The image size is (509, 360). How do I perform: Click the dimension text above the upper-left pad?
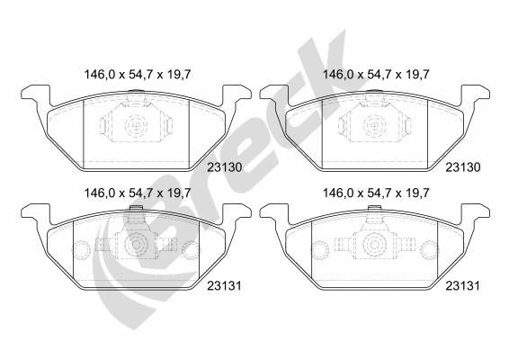coord(138,75)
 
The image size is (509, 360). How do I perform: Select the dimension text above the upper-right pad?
coord(376,75)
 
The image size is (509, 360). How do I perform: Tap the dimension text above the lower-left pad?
coord(138,193)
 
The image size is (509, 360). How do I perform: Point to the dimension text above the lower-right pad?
coord(376,193)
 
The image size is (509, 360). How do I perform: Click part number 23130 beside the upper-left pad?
coord(225,167)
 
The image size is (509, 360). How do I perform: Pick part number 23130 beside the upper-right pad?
coord(463,167)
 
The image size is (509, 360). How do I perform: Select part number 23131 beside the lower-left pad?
coord(224,286)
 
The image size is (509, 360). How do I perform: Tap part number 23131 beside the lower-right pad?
coord(462,286)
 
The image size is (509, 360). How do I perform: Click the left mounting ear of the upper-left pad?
coord(36,94)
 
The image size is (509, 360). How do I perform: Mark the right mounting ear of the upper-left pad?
coord(237,94)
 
